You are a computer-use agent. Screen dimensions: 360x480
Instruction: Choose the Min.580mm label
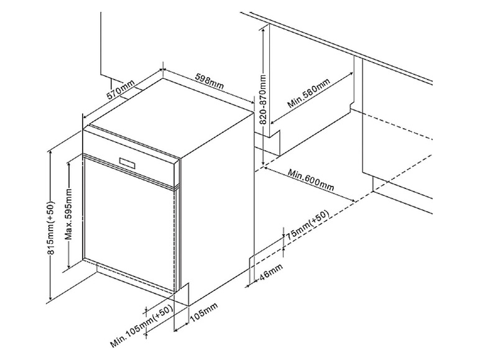(x=308, y=95)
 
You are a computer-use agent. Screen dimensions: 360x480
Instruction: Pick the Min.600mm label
(x=312, y=180)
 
